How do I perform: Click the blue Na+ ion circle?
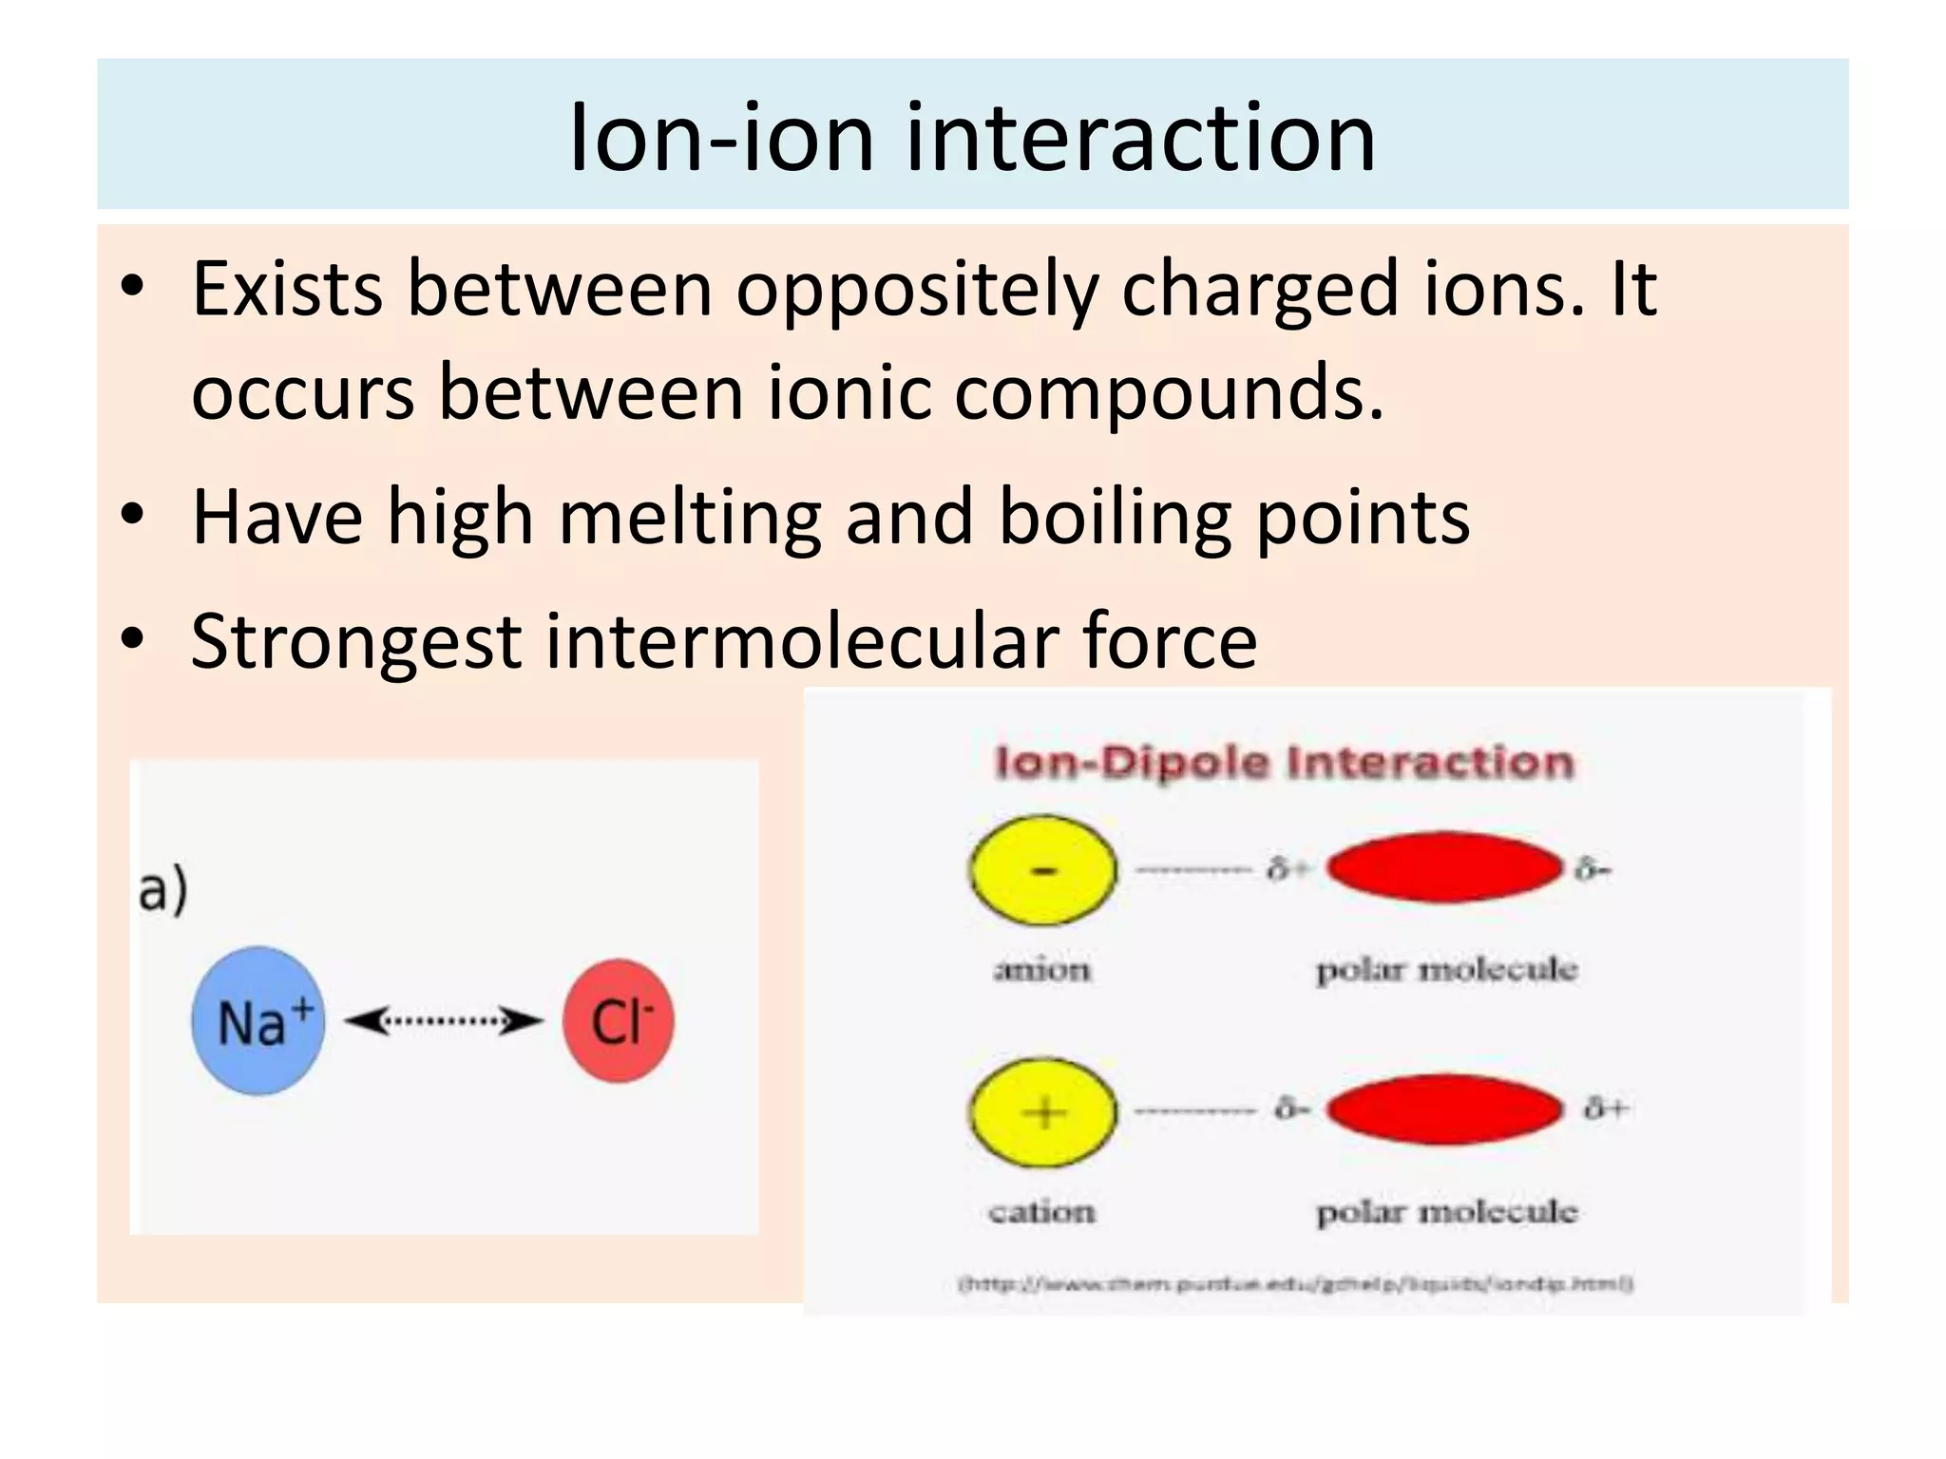[258, 1020]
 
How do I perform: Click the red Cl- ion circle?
[618, 1020]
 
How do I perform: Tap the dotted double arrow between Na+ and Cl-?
[443, 1021]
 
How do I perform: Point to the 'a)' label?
[163, 890]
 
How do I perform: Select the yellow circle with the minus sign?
[1043, 869]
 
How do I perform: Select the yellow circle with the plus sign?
[1043, 1111]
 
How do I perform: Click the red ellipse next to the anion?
[1444, 866]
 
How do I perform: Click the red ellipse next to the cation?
[1444, 1108]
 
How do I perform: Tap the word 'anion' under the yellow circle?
[1041, 969]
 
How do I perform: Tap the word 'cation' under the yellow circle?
[1041, 1211]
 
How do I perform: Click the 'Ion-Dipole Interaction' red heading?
[1284, 762]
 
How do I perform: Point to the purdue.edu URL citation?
[1295, 1284]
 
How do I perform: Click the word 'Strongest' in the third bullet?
[356, 642]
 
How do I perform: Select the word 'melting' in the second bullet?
[689, 518]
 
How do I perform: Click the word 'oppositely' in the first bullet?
[917, 290]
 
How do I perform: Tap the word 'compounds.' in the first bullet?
[1169, 392]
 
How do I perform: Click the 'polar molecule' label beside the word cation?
[1446, 1212]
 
